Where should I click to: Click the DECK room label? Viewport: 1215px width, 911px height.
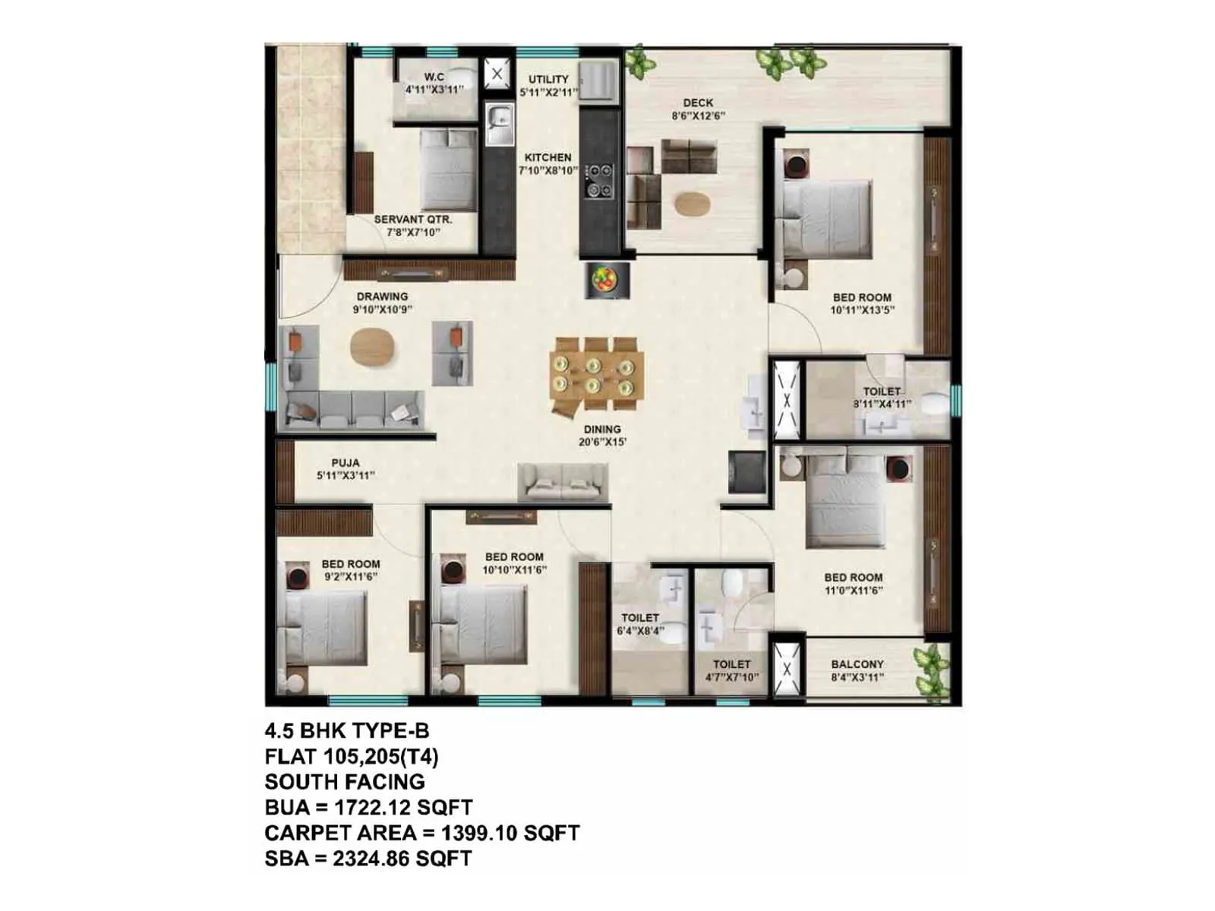pos(698,103)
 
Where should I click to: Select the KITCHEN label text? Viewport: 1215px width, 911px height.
pos(548,158)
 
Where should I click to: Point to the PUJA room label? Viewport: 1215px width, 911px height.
pos(346,463)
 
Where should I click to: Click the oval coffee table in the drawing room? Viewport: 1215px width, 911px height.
pos(373,348)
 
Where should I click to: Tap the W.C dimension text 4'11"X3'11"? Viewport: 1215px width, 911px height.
pos(434,90)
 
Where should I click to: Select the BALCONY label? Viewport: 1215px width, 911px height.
pos(857,664)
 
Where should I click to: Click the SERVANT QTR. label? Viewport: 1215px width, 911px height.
pos(412,220)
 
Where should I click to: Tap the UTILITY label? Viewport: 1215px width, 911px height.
pos(548,80)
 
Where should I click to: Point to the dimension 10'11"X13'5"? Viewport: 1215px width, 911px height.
pos(862,310)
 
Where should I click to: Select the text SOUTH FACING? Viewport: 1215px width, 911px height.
pos(345,782)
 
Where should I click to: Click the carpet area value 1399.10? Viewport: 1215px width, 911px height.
pos(478,833)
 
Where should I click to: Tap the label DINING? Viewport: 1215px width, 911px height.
pos(602,430)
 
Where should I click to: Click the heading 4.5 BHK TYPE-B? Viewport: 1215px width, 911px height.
pos(347,731)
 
